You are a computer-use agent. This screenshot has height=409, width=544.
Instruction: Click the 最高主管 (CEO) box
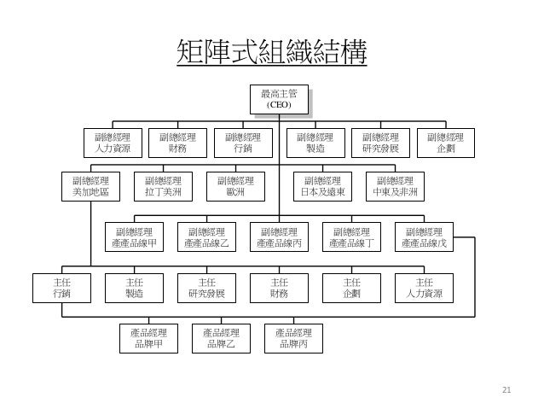point(280,99)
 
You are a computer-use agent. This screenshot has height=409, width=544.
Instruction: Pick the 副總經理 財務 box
point(177,143)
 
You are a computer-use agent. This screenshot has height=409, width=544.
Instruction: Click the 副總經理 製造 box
point(315,143)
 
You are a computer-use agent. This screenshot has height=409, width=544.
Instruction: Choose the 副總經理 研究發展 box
point(380,143)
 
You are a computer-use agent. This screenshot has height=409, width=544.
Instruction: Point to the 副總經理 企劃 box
point(445,143)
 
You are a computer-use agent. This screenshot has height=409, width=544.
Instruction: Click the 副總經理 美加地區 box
point(91,186)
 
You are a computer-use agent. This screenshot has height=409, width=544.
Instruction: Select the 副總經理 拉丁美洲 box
point(164,186)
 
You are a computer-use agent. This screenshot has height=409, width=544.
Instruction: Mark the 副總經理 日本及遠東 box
point(322,186)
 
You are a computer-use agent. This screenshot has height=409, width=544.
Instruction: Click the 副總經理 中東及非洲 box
point(395,186)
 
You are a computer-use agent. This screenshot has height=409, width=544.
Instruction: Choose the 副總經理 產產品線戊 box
point(424,237)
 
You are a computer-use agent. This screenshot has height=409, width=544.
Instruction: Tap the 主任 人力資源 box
point(425,288)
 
